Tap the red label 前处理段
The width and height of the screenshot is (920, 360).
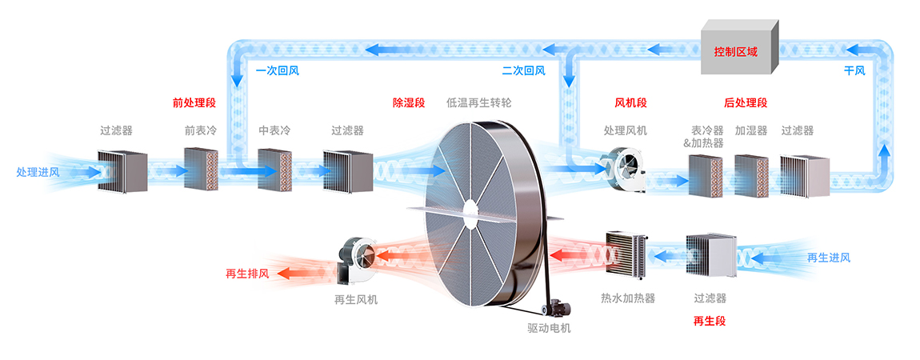point(194,102)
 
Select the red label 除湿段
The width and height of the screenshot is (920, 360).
point(407,102)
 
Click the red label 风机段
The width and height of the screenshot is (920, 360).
point(630,102)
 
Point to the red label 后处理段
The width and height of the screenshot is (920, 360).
point(746,102)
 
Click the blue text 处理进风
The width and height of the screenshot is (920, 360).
point(38,171)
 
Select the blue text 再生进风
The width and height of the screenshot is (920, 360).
point(828,257)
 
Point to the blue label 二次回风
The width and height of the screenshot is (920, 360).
point(523,70)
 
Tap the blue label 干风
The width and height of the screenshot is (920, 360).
point(854,70)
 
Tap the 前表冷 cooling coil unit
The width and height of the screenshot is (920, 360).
point(201,168)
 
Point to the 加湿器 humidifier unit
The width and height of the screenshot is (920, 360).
point(750,175)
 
